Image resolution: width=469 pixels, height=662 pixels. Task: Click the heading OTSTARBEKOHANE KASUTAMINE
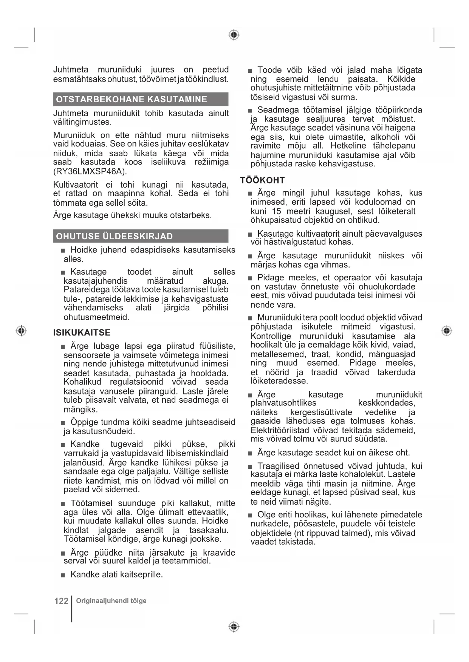pyautogui.click(x=131, y=99)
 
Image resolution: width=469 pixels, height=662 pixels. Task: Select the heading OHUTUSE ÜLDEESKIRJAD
pyautogui.click(x=114, y=236)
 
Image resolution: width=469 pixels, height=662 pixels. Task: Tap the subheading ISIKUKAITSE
pyautogui.click(x=82, y=333)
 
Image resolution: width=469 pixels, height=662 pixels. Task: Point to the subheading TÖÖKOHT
pyautogui.click(x=262, y=180)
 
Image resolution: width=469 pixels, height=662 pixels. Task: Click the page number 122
pyautogui.click(x=61, y=601)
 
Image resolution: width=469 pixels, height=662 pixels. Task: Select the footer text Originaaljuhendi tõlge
pyautogui.click(x=111, y=600)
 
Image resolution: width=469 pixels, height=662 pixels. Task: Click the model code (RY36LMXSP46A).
pyautogui.click(x=90, y=171)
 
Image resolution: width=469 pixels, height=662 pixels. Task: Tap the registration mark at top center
pyautogui.click(x=234, y=35)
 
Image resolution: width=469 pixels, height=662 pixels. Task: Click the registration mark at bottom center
pyautogui.click(x=234, y=627)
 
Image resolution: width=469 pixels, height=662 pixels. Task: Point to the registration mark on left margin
pyautogui.click(x=22, y=331)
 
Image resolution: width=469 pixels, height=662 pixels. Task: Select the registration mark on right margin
pyautogui.click(x=447, y=331)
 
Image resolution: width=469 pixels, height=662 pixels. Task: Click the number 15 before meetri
pyautogui.click(x=276, y=211)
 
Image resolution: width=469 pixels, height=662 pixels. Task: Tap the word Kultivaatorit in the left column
pyautogui.click(x=76, y=185)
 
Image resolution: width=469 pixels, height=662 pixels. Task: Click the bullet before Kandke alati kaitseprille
pyautogui.click(x=63, y=575)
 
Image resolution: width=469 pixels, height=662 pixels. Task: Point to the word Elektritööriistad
pyautogui.click(x=280, y=430)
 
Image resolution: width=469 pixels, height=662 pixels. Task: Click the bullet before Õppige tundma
pyautogui.click(x=63, y=423)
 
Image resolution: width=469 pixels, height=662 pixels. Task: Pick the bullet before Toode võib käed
pyautogui.click(x=250, y=71)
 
